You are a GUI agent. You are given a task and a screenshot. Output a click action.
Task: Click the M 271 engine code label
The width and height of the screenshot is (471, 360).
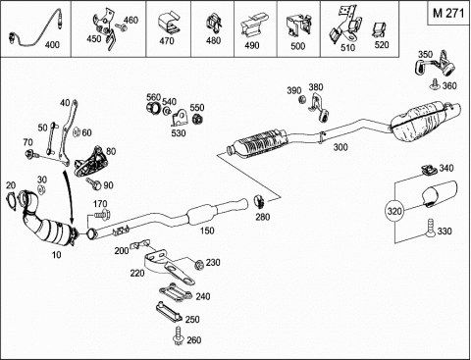[x=448, y=13]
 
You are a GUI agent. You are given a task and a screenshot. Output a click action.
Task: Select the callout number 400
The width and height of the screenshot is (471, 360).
[x=52, y=44]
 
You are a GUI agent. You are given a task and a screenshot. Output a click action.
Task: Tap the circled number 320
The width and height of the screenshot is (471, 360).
[x=394, y=211]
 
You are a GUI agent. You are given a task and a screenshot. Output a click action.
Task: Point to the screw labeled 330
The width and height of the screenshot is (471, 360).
[x=430, y=229]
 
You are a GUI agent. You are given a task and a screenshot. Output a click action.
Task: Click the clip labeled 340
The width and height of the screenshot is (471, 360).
[x=429, y=170]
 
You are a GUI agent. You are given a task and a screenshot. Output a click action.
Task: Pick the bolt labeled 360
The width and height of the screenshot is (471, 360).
[x=435, y=83]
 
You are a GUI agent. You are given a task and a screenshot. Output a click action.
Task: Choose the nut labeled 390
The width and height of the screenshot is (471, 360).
[x=302, y=99]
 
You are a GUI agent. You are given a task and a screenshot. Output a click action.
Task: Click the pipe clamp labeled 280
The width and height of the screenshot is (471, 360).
[x=260, y=201]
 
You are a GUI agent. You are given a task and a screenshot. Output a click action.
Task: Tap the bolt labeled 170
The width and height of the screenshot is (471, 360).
[x=102, y=215]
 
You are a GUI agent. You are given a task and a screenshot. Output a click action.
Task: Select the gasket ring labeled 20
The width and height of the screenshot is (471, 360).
[x=12, y=200]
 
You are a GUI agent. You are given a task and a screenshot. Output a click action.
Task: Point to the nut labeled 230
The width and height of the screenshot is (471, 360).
[x=199, y=264]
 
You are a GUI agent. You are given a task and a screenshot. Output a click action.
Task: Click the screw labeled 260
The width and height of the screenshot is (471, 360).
[x=179, y=335]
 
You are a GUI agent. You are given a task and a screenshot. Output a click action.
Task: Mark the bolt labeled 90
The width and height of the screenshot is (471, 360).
[x=94, y=183]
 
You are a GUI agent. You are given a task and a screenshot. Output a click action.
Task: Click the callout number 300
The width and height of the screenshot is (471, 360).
[x=340, y=147]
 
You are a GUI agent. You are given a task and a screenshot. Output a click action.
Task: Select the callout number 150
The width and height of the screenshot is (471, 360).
[x=207, y=231]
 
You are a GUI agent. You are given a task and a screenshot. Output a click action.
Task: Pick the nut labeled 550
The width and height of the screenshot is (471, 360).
[x=197, y=120]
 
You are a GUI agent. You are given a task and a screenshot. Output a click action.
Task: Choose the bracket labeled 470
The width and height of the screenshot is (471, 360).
[x=169, y=24]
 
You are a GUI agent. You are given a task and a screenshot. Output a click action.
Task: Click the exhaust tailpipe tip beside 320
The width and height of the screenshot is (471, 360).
[x=439, y=194]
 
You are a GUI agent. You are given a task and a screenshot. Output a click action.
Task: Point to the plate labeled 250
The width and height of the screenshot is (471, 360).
[x=169, y=312]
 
